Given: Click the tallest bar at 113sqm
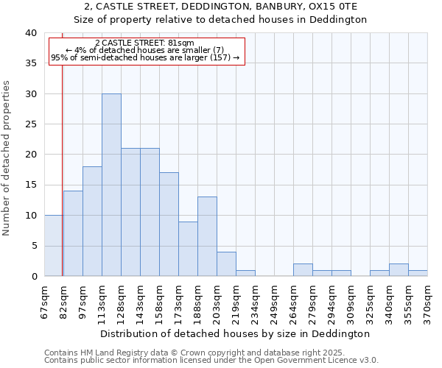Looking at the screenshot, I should click(x=111, y=185).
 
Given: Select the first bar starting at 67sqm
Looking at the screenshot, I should click(x=54, y=246).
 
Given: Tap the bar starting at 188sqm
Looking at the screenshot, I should click(x=207, y=236).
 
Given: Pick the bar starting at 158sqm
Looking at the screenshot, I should click(x=169, y=224).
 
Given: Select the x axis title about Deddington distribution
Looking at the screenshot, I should click(x=235, y=333).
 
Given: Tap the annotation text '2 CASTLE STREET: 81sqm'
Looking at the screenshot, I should click(x=145, y=43).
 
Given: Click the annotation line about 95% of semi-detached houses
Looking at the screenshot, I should click(x=145, y=57).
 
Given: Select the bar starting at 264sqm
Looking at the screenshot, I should click(x=303, y=270).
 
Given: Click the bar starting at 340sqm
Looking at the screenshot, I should click(x=399, y=270).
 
